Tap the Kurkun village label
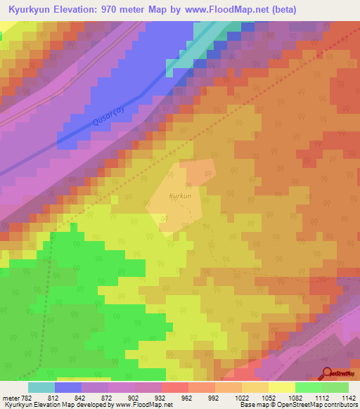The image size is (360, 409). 180,197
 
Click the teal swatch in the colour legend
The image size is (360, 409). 41,387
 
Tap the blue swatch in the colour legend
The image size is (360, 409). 67,387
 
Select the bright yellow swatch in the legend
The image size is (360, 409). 281,387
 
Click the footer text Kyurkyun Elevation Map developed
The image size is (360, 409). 46,405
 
